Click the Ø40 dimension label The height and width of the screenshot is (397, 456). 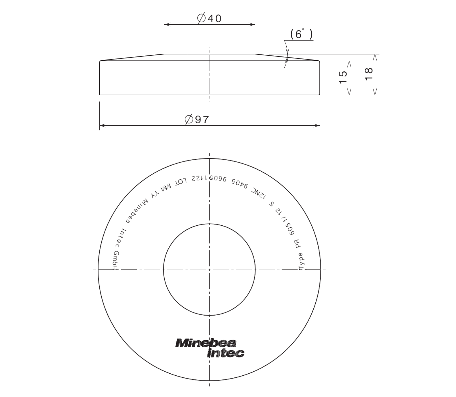[x=209, y=19]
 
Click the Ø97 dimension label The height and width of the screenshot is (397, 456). [x=197, y=120]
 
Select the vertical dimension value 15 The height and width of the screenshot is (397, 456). [x=343, y=77]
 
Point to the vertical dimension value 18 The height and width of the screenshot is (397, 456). [x=369, y=74]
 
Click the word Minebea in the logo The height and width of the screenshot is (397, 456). [x=206, y=343]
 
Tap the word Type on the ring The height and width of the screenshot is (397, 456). [x=302, y=262]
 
